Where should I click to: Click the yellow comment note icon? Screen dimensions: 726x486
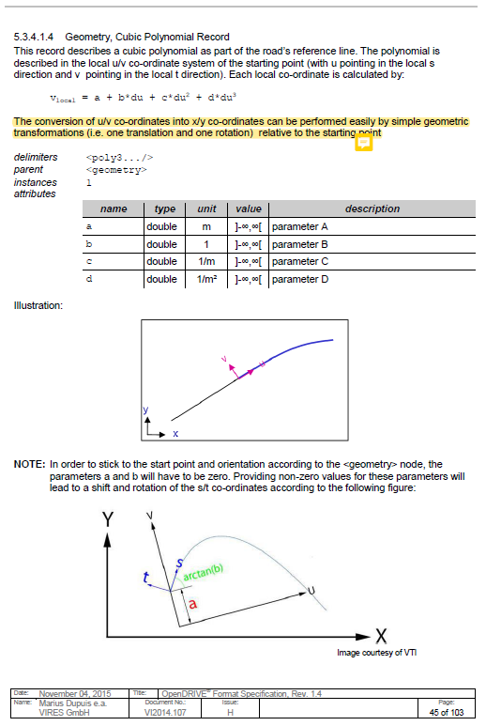(x=364, y=142)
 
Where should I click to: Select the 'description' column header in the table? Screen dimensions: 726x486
(x=372, y=209)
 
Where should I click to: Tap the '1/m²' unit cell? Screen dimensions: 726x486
(x=201, y=279)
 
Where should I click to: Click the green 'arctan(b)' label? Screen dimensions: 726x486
(x=203, y=573)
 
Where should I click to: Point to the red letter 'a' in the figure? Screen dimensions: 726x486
(x=193, y=604)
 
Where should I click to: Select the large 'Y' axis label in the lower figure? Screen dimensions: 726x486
(x=109, y=519)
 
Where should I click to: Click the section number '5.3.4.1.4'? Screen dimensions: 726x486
(x=36, y=36)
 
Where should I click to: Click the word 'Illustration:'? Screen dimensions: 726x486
(x=38, y=304)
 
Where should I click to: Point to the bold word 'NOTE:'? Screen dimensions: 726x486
(x=29, y=464)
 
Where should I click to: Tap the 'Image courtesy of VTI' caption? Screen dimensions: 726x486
(x=378, y=652)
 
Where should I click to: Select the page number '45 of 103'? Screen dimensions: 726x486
(x=447, y=713)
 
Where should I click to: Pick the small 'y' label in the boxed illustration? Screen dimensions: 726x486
(x=145, y=410)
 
